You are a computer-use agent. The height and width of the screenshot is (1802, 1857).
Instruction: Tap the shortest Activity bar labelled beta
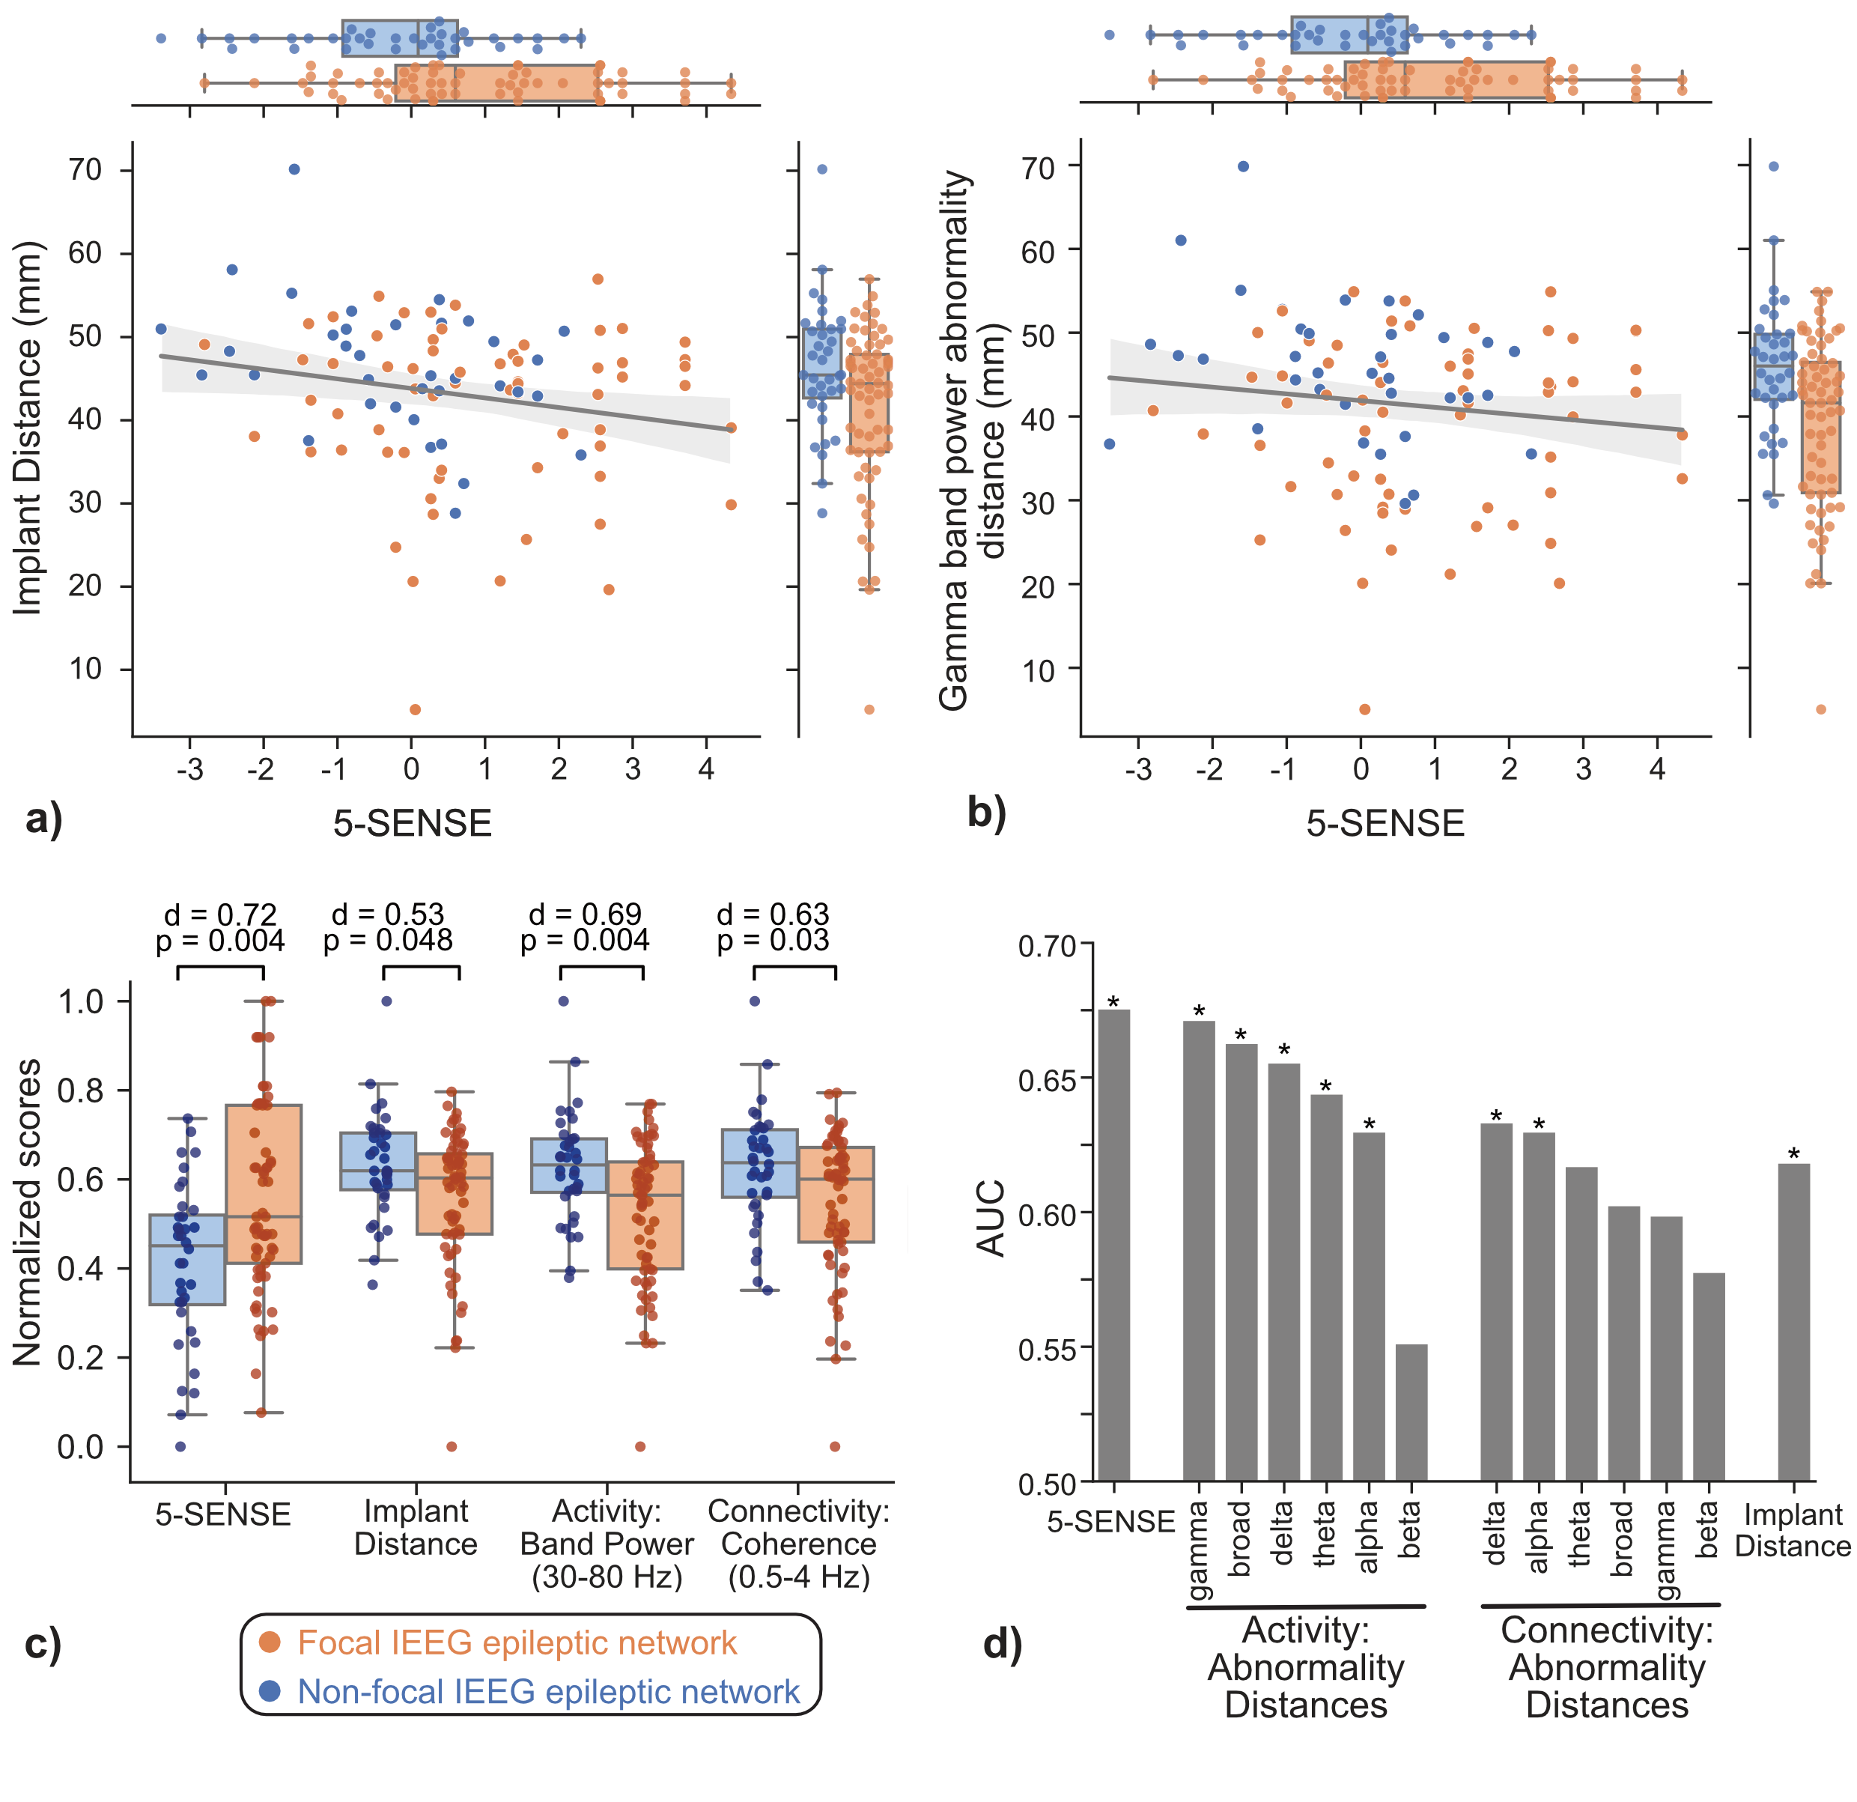pos(1411,1411)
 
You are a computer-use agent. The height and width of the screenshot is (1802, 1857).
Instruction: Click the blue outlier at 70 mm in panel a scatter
pos(295,169)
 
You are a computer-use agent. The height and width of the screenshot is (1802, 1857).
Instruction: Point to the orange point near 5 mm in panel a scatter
pos(415,709)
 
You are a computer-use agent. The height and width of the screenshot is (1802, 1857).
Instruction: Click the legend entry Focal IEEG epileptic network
pos(517,1642)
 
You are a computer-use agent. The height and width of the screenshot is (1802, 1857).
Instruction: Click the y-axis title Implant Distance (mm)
pos(28,428)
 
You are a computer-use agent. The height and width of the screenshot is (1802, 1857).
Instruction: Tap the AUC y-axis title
pos(991,1219)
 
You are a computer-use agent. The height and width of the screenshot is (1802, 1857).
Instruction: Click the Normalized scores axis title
pos(28,1212)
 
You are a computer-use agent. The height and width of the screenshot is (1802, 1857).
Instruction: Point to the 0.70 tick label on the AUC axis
pos(1047,947)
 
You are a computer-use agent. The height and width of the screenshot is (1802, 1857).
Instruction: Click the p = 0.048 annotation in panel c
pos(388,940)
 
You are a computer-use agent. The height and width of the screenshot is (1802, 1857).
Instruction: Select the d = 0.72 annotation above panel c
pos(221,914)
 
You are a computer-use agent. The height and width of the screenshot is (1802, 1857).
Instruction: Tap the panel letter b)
pos(986,812)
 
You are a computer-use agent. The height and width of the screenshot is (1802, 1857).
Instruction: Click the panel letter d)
pos(1003,1644)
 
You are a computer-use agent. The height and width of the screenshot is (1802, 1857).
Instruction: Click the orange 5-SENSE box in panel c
pos(264,1184)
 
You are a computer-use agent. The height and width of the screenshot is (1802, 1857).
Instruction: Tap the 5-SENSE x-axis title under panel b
pos(1385,823)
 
